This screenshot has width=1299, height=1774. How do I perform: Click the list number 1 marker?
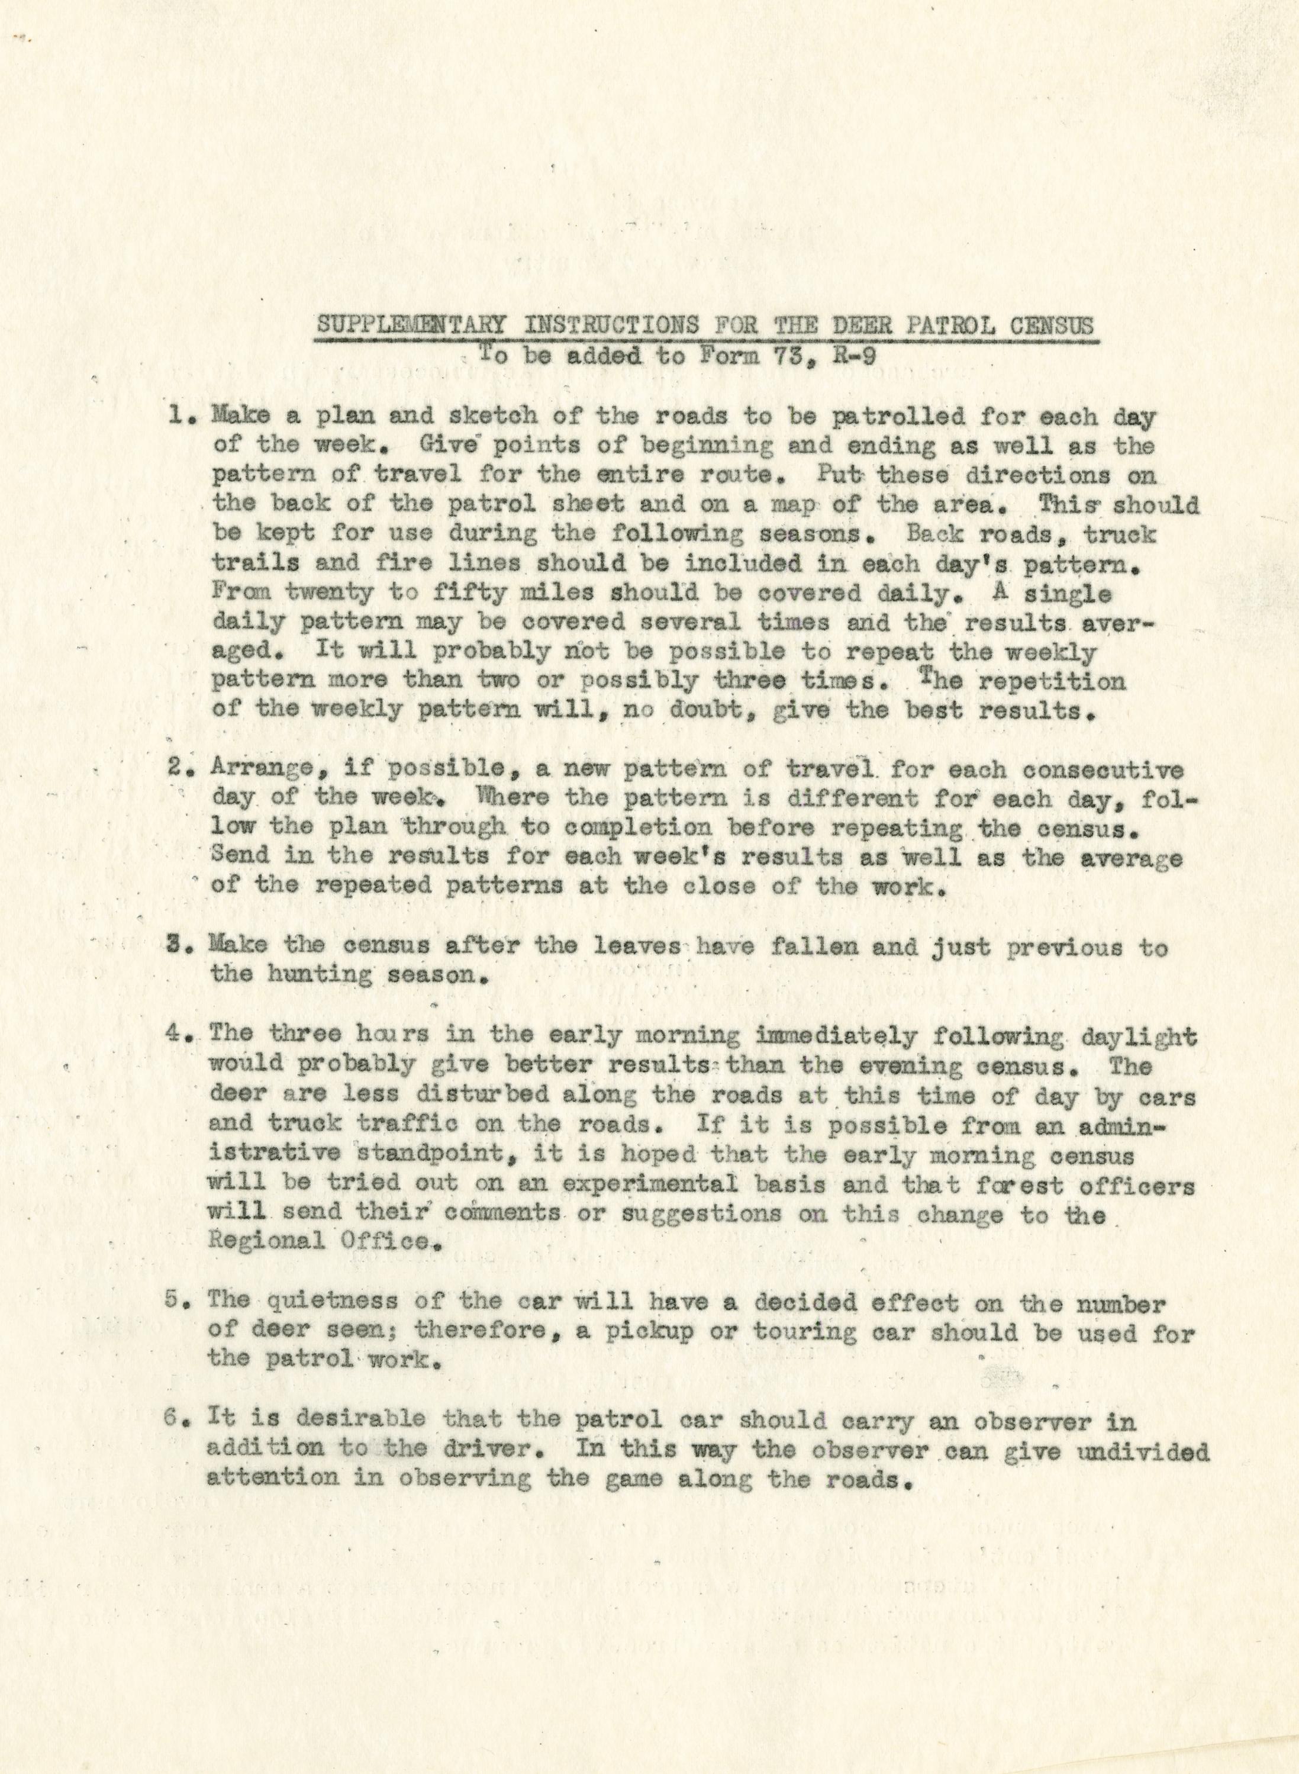click(180, 417)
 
